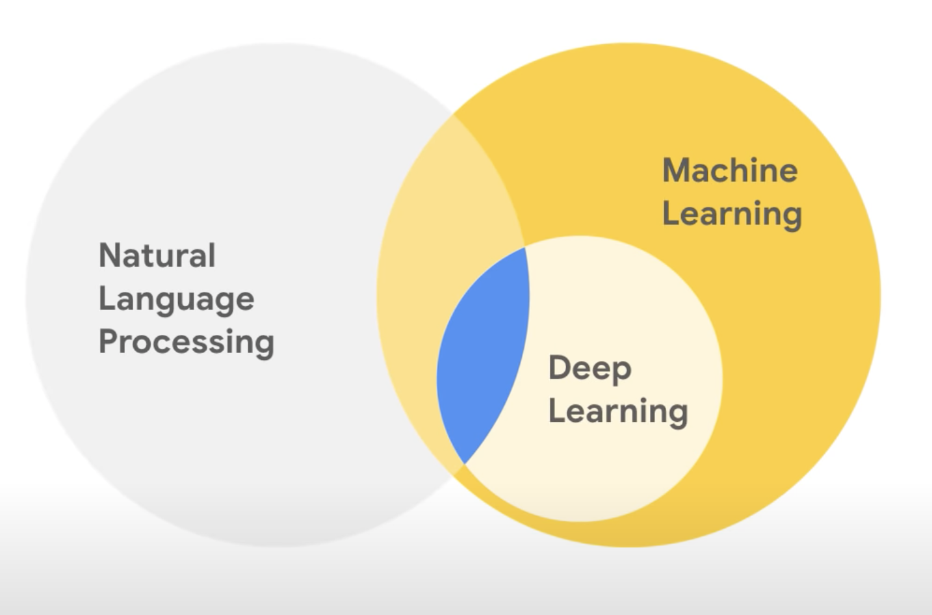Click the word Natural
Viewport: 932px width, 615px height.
pyautogui.click(x=157, y=255)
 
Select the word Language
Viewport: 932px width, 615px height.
pyautogui.click(x=176, y=299)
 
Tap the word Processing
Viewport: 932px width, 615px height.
pyautogui.click(x=187, y=342)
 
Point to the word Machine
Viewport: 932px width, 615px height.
pyautogui.click(x=730, y=170)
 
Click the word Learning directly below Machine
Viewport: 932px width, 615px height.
pyautogui.click(x=732, y=214)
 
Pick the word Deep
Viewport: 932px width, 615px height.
pyautogui.click(x=589, y=369)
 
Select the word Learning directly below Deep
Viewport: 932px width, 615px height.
pyautogui.click(x=618, y=412)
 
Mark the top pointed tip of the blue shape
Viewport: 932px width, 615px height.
pyautogui.click(x=524, y=248)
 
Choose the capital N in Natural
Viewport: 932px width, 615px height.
pyautogui.click(x=109, y=255)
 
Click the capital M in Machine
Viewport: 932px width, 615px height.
pyautogui.click(x=677, y=170)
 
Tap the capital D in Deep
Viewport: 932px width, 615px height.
pyautogui.click(x=559, y=367)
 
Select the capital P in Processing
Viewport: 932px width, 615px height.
pyautogui.click(x=108, y=341)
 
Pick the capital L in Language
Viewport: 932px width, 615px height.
pyautogui.click(x=106, y=298)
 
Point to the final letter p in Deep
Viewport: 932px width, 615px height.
pyautogui.click(x=622, y=371)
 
